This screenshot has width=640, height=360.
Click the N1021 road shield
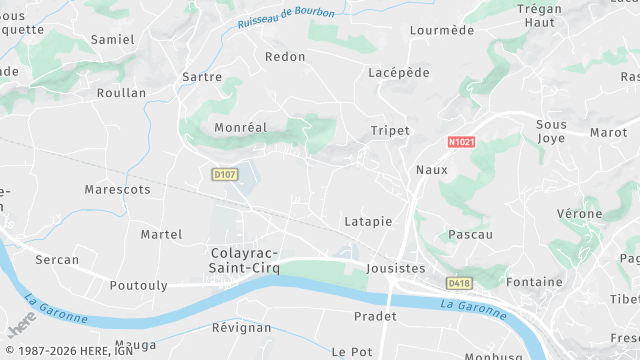point(460,144)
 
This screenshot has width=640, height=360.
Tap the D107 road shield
point(225,174)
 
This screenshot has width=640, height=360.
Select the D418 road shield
point(459,283)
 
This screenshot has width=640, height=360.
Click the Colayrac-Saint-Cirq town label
point(245,261)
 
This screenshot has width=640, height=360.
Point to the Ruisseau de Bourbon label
point(286,17)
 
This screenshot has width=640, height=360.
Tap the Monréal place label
point(240,128)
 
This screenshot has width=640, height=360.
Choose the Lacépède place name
point(398,73)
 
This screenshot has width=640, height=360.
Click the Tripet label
point(390,131)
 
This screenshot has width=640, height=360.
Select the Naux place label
point(431,170)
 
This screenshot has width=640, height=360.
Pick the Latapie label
point(367,221)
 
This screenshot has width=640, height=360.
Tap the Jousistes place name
point(396,268)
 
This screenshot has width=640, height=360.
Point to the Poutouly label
point(138,285)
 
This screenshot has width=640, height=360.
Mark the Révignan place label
point(241,327)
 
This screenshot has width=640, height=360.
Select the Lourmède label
point(441,30)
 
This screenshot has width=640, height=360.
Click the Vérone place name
point(579,214)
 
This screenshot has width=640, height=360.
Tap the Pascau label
point(470,234)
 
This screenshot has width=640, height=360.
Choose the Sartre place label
point(202,76)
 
